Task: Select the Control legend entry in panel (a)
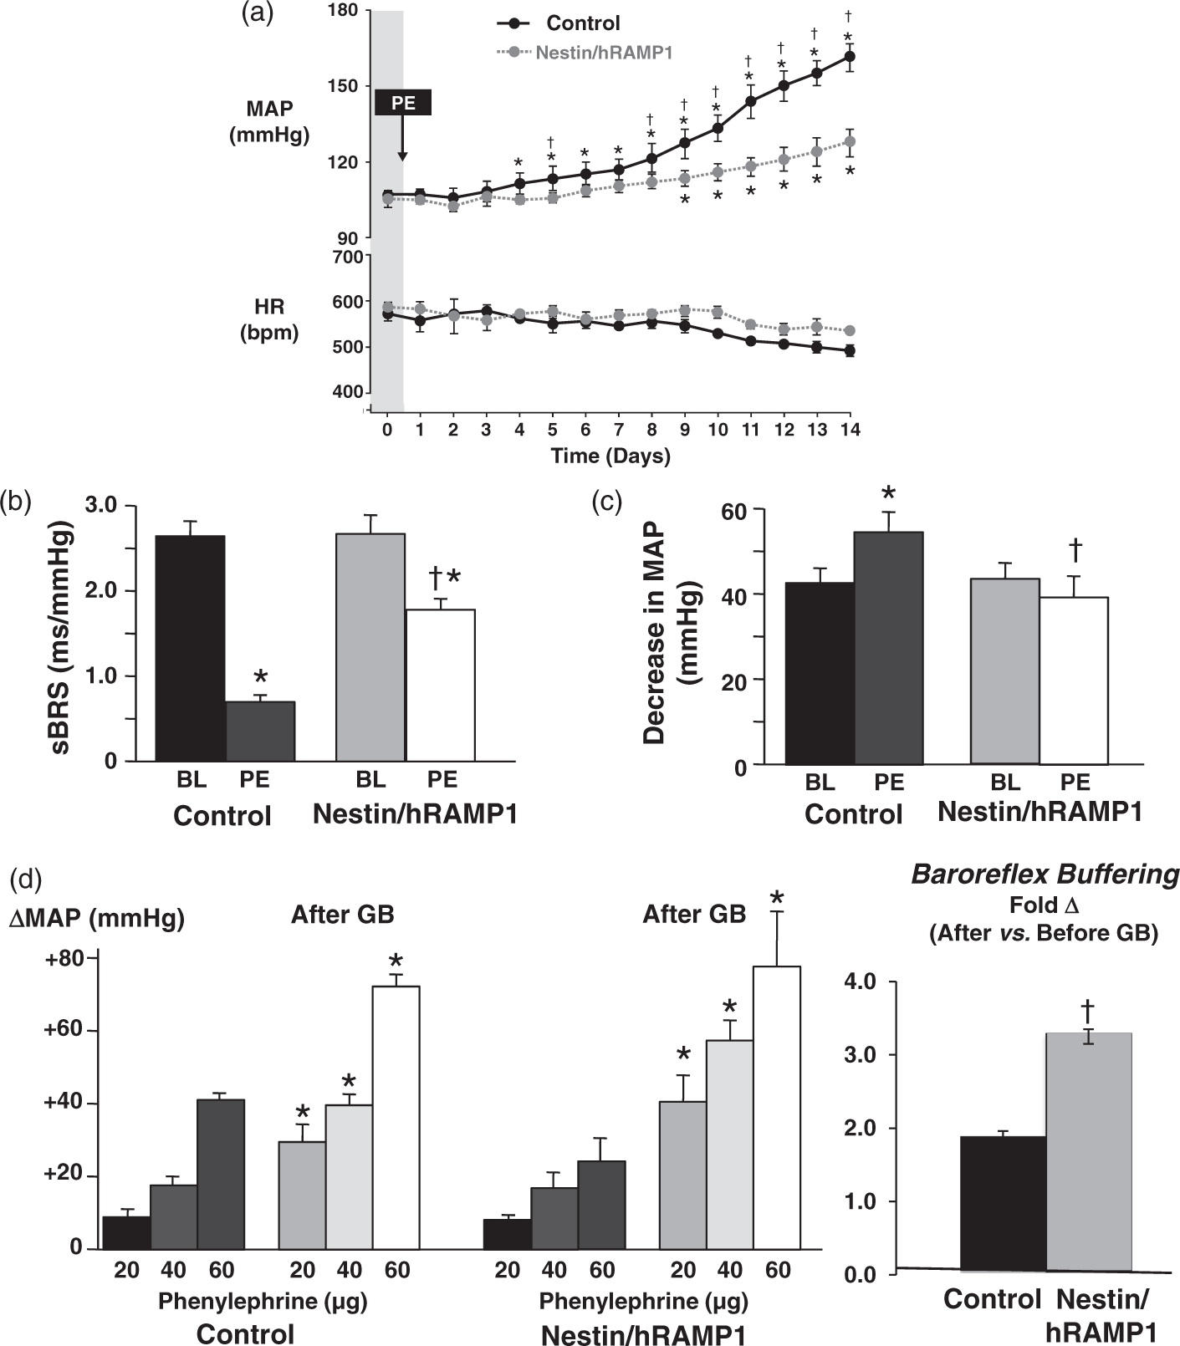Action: click(558, 23)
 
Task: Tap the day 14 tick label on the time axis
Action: click(850, 431)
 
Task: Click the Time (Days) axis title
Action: click(610, 456)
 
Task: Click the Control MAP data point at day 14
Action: click(850, 57)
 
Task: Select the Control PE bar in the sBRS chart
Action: click(260, 732)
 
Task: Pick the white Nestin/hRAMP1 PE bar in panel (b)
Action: click(440, 686)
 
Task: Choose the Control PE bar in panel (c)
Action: click(889, 648)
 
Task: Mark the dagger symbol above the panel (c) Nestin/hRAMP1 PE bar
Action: click(1075, 549)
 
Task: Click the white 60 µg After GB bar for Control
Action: click(396, 1117)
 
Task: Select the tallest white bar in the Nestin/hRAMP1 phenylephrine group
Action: click(777, 1107)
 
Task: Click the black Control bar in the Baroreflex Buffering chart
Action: click(1003, 1205)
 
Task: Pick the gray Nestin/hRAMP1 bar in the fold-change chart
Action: click(1088, 1153)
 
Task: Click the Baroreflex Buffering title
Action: click(1045, 874)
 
